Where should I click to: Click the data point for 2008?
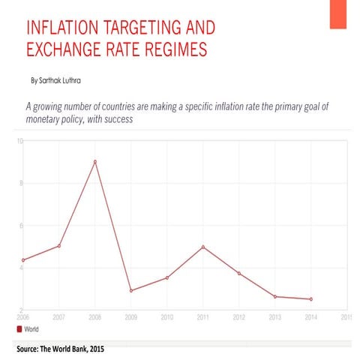(x=94, y=161)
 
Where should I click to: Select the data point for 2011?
(x=202, y=247)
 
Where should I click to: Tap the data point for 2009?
(x=130, y=290)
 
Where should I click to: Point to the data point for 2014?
(x=310, y=299)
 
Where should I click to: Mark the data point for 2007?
(x=58, y=246)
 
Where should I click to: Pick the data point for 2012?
(x=238, y=273)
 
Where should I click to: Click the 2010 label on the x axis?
(x=166, y=317)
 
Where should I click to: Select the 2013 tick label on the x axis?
(x=274, y=317)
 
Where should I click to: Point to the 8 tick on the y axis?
(x=20, y=183)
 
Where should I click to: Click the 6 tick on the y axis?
(x=20, y=226)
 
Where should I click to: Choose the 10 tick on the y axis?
(x=19, y=141)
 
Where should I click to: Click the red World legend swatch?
(x=19, y=329)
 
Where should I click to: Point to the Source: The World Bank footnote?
(x=59, y=350)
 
